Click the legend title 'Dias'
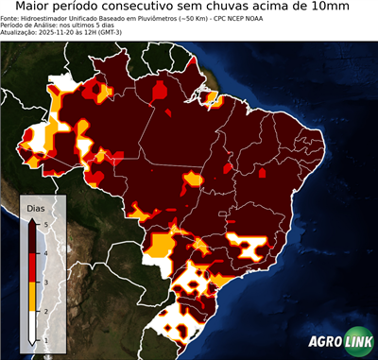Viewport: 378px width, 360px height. click(36, 207)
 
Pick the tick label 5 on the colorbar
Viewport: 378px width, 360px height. click(46, 224)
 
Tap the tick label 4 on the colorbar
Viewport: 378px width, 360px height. click(46, 252)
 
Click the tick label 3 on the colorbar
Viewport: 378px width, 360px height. click(46, 282)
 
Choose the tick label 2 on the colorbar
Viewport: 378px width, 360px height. click(46, 310)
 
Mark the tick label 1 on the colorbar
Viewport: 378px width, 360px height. click(46, 339)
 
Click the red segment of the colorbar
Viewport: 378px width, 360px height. click(34, 266)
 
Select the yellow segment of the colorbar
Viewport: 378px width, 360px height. click(34, 296)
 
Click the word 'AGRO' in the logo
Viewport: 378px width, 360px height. click(323, 343)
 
